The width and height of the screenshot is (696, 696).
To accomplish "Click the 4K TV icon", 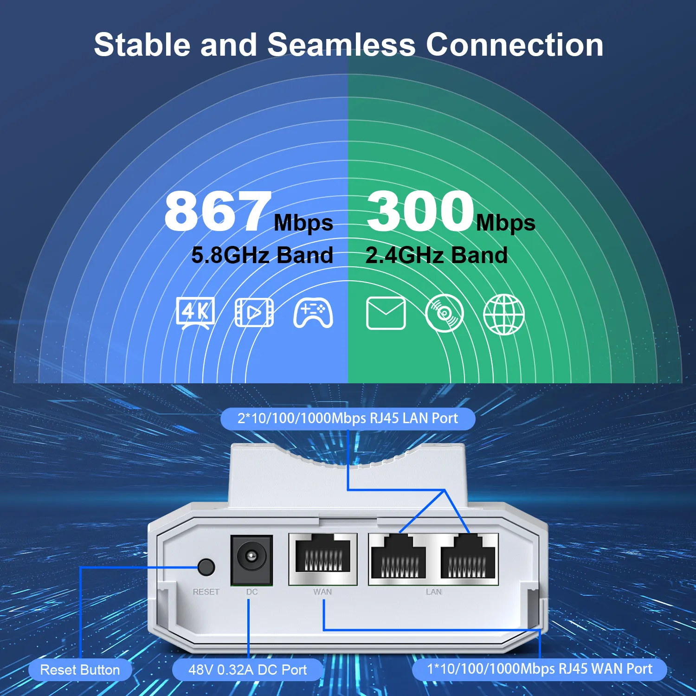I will point(195,312).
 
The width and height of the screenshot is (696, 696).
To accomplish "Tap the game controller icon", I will point(313,312).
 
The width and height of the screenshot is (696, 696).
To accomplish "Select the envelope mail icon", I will point(386,313).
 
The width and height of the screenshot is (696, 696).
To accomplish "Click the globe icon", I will point(504,314).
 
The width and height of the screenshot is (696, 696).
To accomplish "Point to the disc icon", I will point(445,313).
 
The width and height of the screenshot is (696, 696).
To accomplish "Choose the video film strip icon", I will point(254,312).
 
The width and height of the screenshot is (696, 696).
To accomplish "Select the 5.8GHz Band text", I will point(262,255).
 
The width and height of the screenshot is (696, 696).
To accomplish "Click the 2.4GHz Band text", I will point(436,255).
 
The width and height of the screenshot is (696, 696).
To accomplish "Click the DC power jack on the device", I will point(251,559).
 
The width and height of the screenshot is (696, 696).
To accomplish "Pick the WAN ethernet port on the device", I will point(323,558).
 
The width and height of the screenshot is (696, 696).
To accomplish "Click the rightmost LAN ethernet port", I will point(468,558).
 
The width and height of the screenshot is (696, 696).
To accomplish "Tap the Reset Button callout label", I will point(80,670).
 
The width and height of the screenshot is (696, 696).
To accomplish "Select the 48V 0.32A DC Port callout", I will point(247,670).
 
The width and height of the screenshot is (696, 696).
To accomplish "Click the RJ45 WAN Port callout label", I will point(539,669).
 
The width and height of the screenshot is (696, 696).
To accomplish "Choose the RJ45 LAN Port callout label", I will point(348,418).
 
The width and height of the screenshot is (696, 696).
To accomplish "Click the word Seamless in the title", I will point(341,45).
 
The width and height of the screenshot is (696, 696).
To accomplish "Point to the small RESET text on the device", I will point(206,592).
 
